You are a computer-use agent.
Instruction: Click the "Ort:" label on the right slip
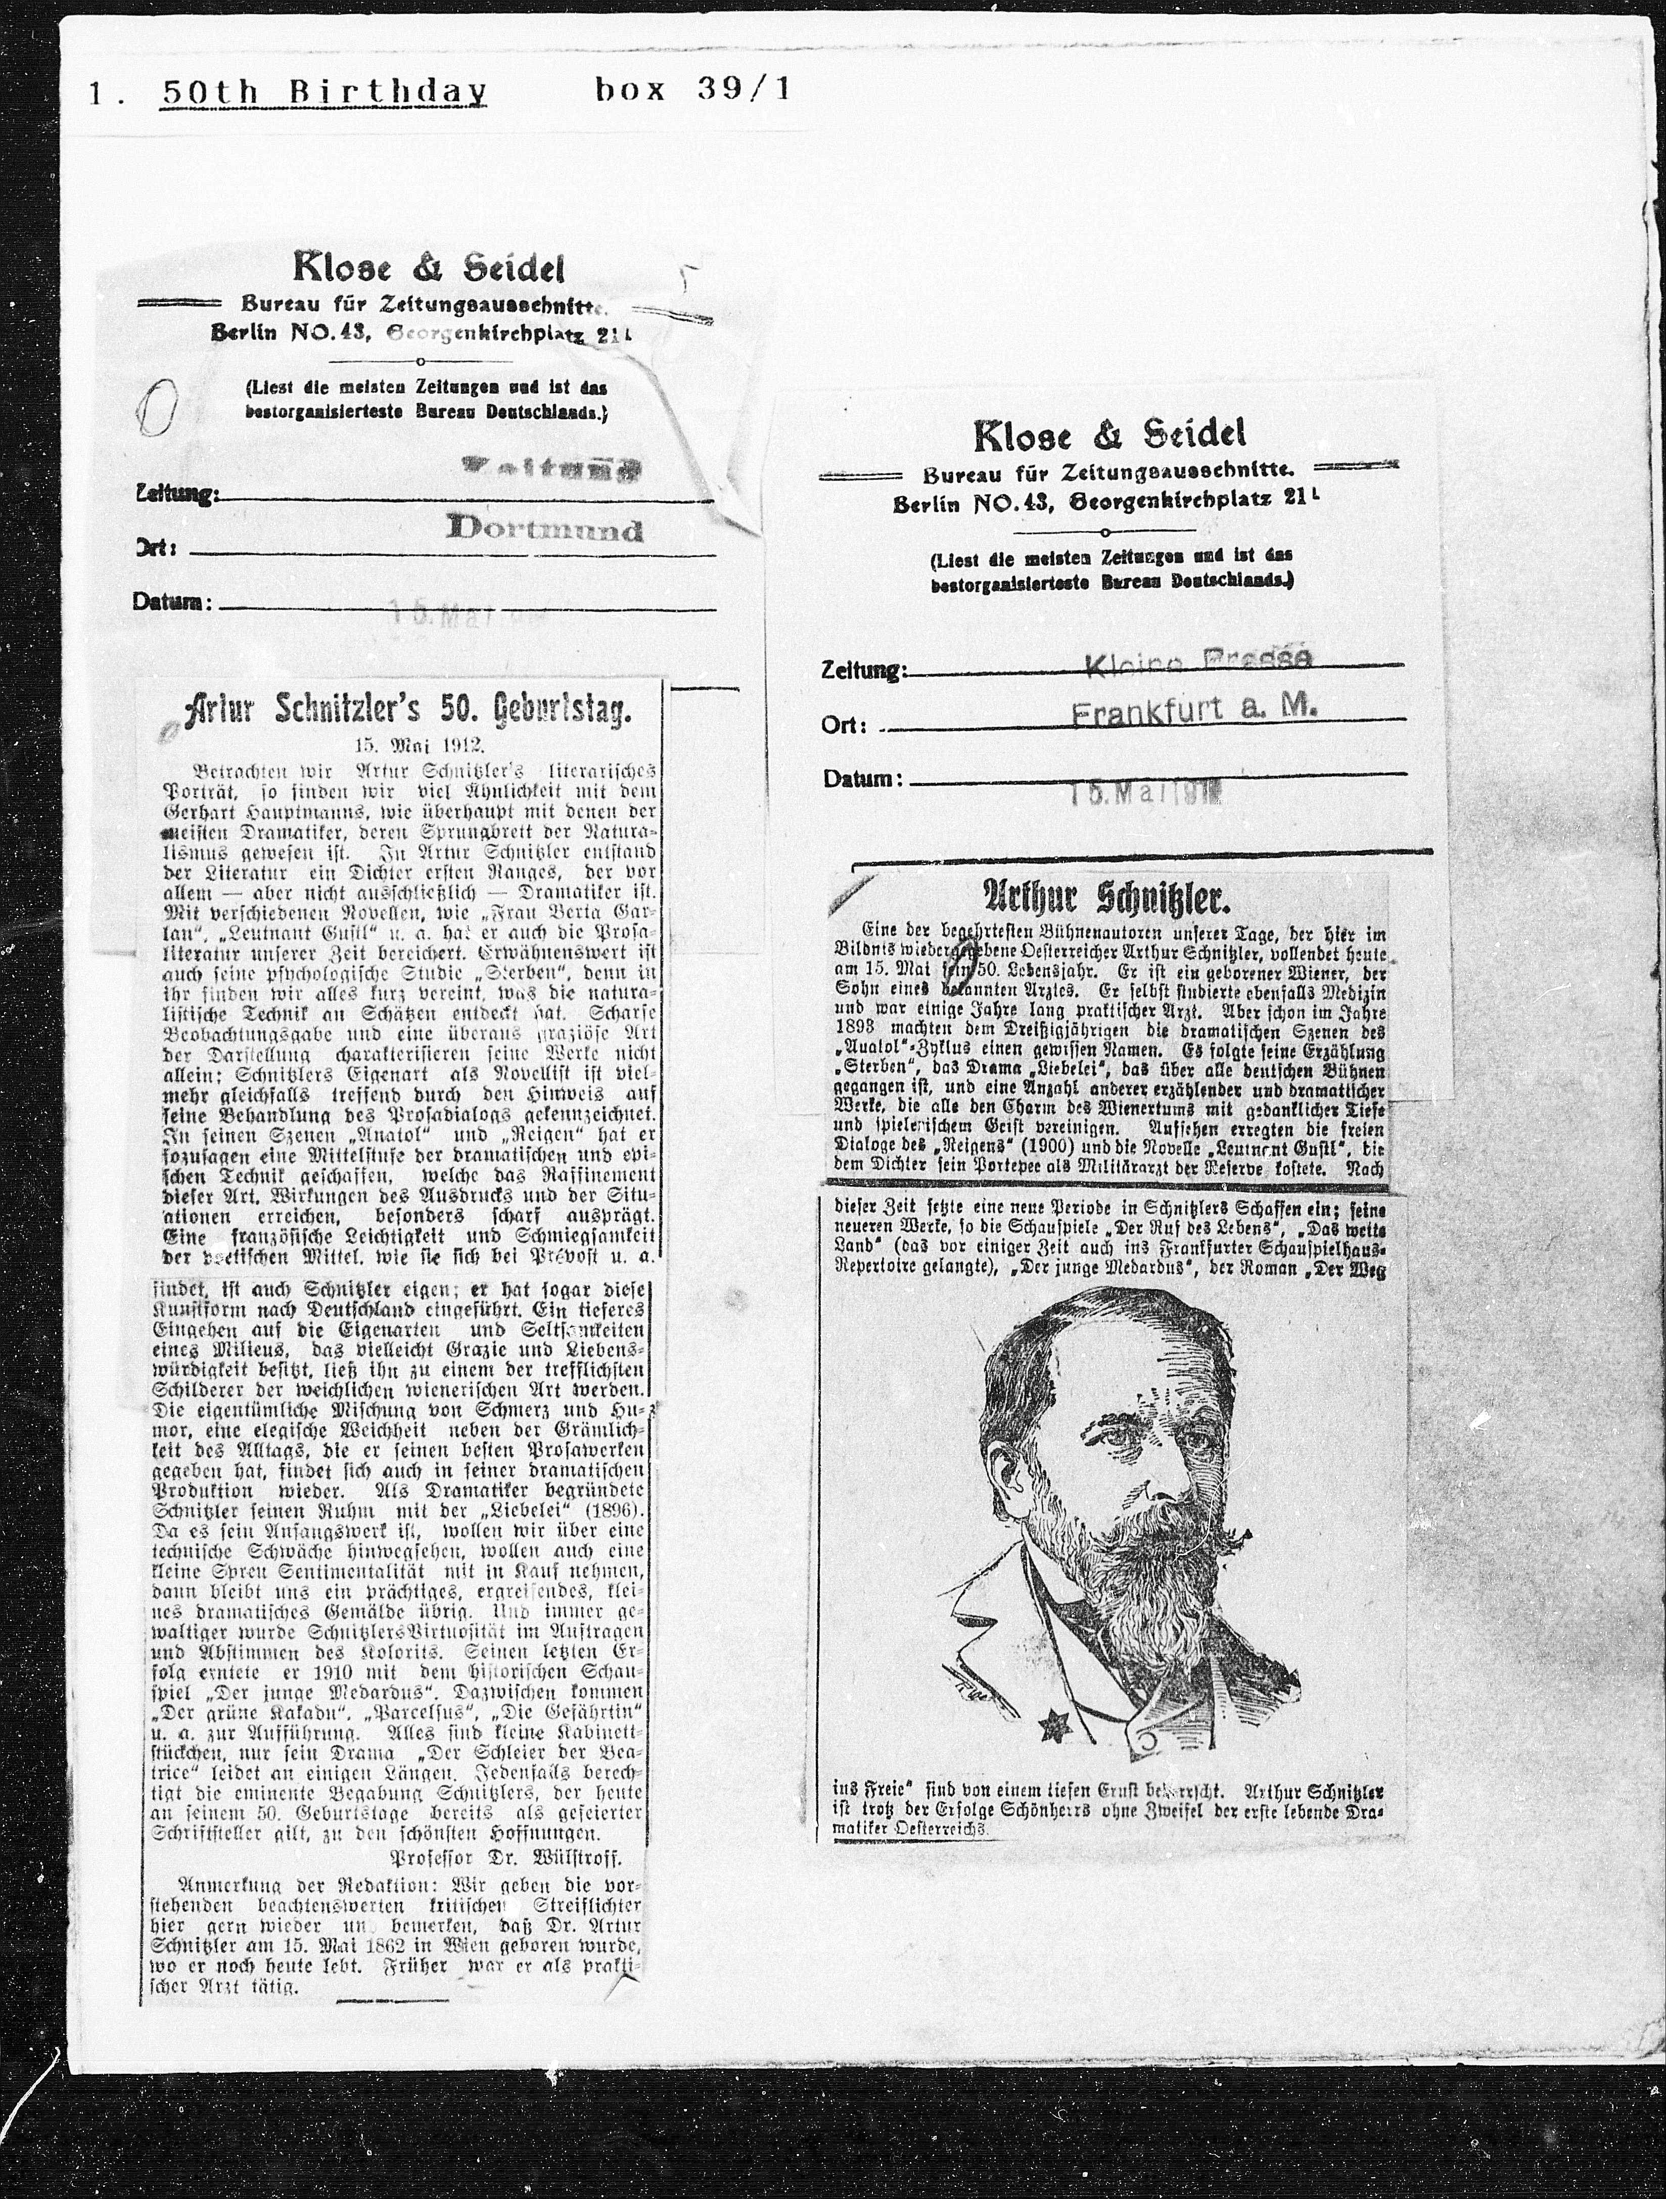point(844,725)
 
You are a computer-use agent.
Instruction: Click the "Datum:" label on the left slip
point(171,601)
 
